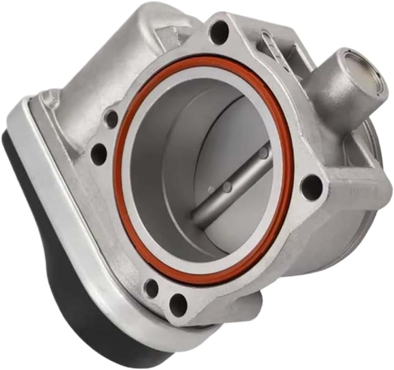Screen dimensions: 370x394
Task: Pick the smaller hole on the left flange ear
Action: [111, 119]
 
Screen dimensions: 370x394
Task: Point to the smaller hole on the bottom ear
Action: [151, 288]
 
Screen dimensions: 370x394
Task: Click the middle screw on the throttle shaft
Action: [228, 186]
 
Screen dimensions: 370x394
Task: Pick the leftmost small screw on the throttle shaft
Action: [211, 191]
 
